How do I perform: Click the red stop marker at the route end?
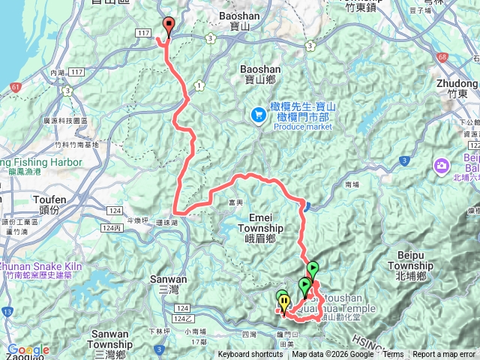point(168,25)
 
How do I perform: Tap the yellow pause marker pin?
point(284,301)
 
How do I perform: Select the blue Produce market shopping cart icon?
point(258,114)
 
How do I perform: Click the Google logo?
point(28,349)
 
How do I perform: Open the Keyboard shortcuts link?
point(250,355)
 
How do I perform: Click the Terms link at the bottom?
point(393,355)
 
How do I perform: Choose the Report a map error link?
point(444,355)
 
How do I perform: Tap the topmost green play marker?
point(312,268)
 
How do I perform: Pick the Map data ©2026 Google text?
point(332,355)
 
